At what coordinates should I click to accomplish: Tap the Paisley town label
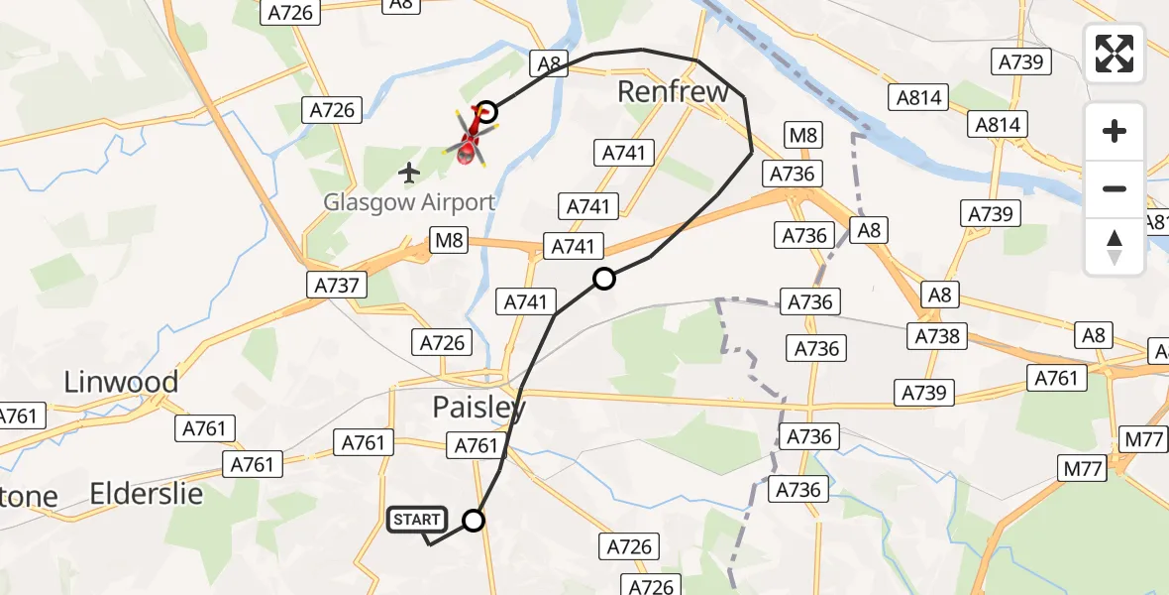point(479,407)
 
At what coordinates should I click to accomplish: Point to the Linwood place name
point(121,382)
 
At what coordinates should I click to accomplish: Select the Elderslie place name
point(147,494)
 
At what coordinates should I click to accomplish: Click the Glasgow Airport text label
point(409,203)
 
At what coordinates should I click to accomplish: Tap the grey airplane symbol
point(409,174)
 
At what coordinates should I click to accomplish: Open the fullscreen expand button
point(1115,54)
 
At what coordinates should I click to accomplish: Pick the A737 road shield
point(336,286)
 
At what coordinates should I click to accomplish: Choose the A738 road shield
point(938,336)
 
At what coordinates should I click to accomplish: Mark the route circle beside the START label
point(475,521)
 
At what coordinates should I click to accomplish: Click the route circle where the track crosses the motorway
point(604,280)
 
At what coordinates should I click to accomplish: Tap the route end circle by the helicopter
point(486,111)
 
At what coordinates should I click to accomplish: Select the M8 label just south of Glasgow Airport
point(448,241)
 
